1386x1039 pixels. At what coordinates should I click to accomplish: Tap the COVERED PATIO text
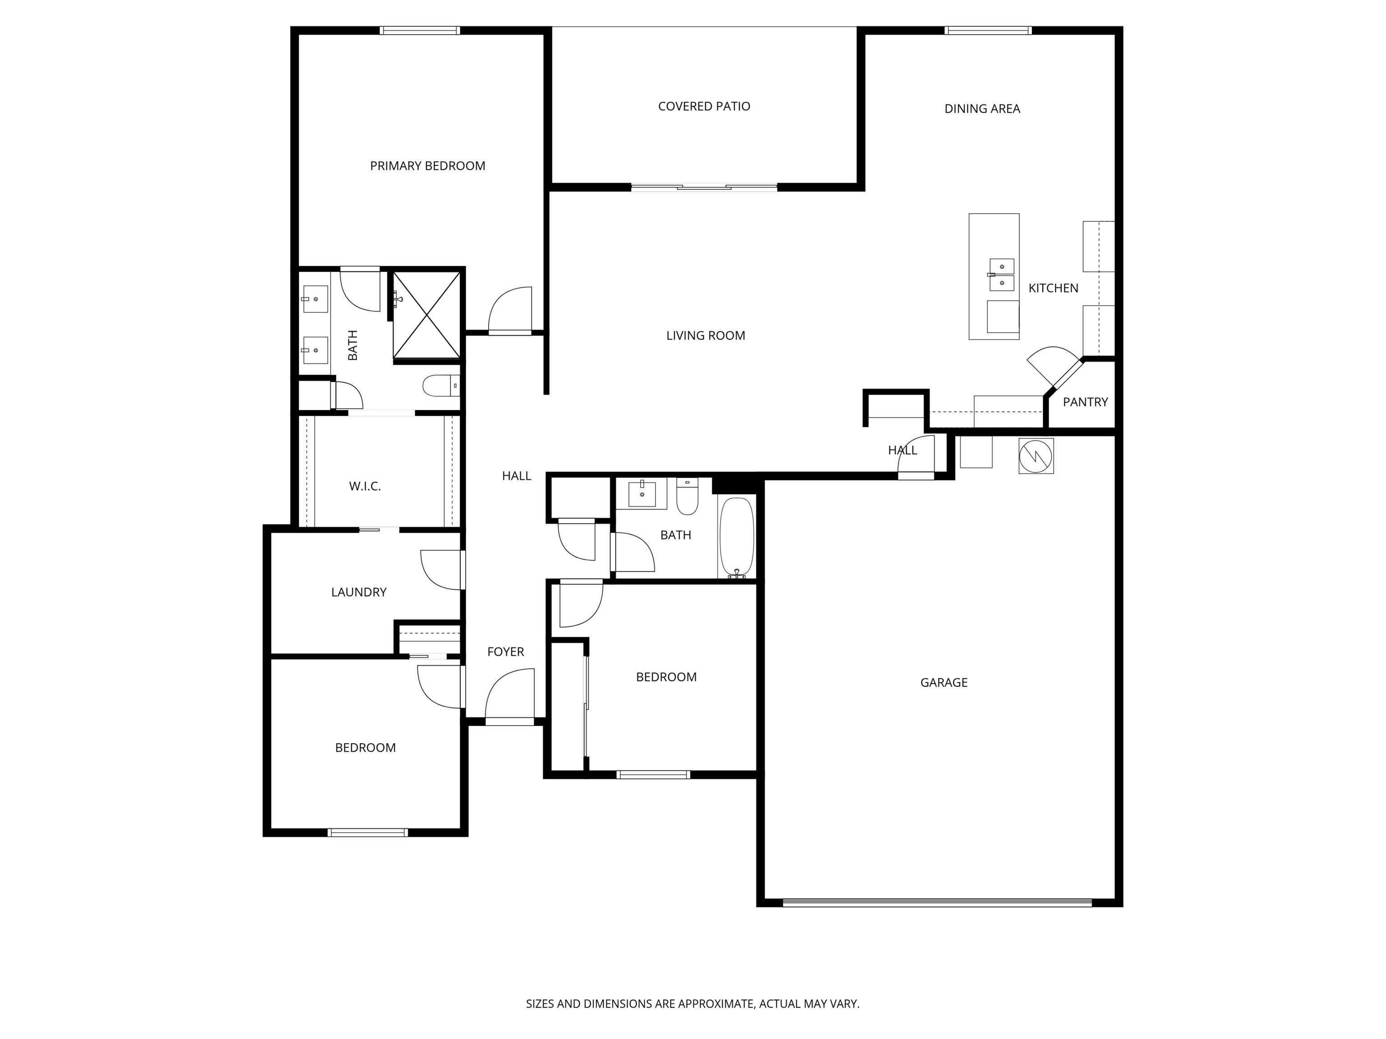coord(704,106)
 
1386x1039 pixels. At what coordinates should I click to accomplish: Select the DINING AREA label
coord(982,109)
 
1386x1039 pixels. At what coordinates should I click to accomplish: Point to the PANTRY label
coord(1085,402)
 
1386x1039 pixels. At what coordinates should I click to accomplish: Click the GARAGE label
coord(944,683)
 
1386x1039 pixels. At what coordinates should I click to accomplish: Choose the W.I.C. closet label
coord(365,486)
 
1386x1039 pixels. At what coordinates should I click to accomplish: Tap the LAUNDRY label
coord(358,592)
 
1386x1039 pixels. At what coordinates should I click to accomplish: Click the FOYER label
coord(505,652)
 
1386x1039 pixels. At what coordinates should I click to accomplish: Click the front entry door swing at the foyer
coord(511,695)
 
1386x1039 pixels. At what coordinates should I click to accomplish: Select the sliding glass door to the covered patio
coord(704,187)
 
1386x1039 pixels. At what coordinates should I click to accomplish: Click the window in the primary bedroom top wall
coord(420,30)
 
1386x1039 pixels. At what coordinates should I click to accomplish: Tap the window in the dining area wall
coord(988,30)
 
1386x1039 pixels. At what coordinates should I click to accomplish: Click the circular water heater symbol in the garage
coord(1036,456)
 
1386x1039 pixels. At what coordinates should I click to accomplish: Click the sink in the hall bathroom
coord(642,495)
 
